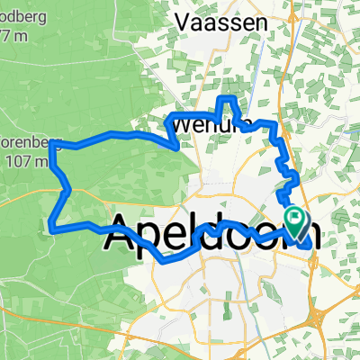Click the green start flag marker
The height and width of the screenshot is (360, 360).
pos(295,218)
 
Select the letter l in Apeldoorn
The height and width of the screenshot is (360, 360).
pos(200,231)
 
